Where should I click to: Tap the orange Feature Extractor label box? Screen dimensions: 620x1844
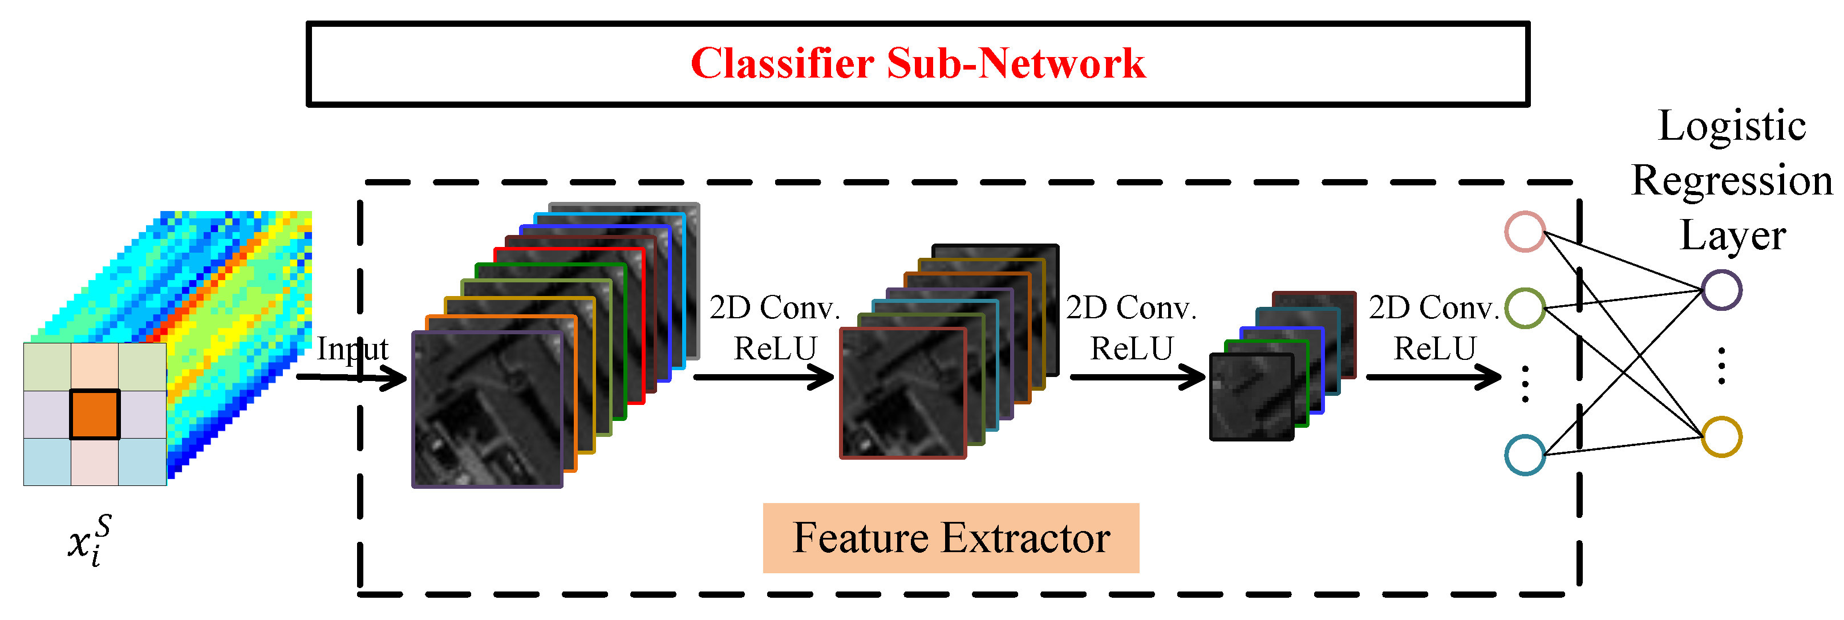pyautogui.click(x=951, y=538)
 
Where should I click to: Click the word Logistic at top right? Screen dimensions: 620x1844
pyautogui.click(x=1732, y=127)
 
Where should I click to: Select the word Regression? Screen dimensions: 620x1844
pyautogui.click(x=1732, y=180)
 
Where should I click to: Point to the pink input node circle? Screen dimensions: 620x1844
pyautogui.click(x=1525, y=231)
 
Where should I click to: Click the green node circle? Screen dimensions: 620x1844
pyautogui.click(x=1525, y=308)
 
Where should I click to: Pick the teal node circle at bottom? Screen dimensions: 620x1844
pyautogui.click(x=1525, y=455)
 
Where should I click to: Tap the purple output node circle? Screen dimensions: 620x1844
pyautogui.click(x=1721, y=290)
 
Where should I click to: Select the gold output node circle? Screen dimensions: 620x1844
pyautogui.click(x=1721, y=437)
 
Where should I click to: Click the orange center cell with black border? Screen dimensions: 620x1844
pyautogui.click(x=95, y=415)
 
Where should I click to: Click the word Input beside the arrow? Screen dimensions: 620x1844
pyautogui.click(x=352, y=350)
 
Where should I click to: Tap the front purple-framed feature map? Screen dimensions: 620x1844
pyautogui.click(x=487, y=410)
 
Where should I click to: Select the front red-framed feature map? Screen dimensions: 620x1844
pyautogui.click(x=902, y=393)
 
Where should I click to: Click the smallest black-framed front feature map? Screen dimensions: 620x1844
pyautogui.click(x=1251, y=398)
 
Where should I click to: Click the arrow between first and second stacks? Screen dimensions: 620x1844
pyautogui.click(x=763, y=376)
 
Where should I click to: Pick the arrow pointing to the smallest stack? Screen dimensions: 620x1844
pyautogui.click(x=1137, y=376)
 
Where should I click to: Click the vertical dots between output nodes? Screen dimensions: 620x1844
pyautogui.click(x=1721, y=365)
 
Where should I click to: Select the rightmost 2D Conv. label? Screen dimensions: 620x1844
pyautogui.click(x=1433, y=308)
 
